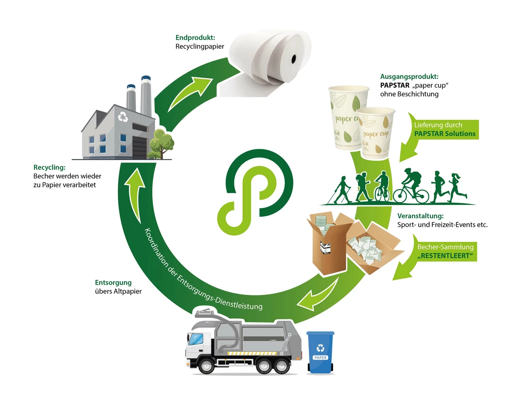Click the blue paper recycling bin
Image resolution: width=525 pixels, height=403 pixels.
click(x=320, y=352)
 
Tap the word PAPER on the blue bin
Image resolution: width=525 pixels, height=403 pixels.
click(x=320, y=357)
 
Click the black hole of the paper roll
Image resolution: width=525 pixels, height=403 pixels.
click(x=294, y=59)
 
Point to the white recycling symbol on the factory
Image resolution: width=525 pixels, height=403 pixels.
click(x=123, y=117)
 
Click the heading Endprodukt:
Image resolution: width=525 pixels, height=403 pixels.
click(x=195, y=38)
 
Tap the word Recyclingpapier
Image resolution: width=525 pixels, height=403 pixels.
click(x=200, y=46)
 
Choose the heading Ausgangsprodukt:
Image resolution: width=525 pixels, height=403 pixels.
click(x=409, y=77)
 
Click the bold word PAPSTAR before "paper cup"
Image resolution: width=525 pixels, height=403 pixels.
click(x=395, y=85)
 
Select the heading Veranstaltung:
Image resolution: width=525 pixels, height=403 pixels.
click(x=420, y=216)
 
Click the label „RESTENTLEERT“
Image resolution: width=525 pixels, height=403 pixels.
click(x=445, y=256)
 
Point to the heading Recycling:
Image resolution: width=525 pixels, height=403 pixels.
click(x=49, y=167)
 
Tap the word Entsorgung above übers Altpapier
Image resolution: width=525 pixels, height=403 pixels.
click(x=113, y=283)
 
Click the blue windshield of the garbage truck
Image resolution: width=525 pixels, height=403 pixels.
click(x=195, y=339)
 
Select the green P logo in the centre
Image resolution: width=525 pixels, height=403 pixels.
click(x=255, y=192)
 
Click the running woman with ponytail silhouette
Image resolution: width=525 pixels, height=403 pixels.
click(x=457, y=188)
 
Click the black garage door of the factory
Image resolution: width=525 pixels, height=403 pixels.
click(x=140, y=148)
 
